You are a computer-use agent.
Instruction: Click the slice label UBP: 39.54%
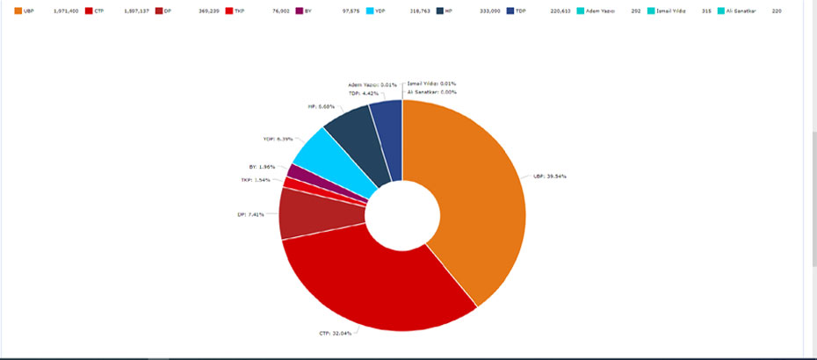pyautogui.click(x=549, y=176)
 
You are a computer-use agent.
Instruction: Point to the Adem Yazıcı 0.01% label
pyautogui.click(x=372, y=84)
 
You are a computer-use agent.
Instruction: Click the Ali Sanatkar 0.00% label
pyautogui.click(x=430, y=92)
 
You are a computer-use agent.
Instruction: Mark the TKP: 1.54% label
pyautogui.click(x=255, y=180)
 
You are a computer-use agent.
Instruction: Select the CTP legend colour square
pyautogui.click(x=89, y=11)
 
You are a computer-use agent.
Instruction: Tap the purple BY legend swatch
pyautogui.click(x=299, y=11)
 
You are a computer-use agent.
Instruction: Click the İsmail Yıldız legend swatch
pyautogui.click(x=649, y=11)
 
